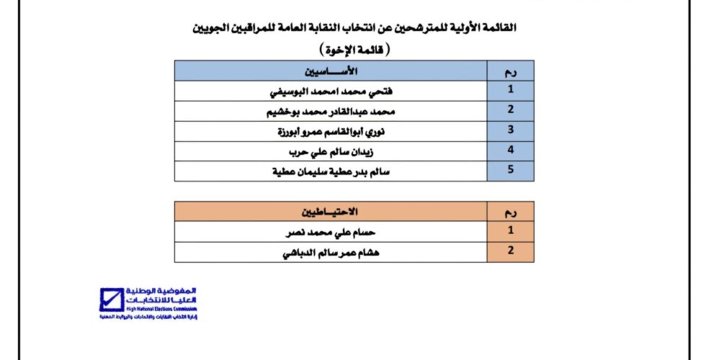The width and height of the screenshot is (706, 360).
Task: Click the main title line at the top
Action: click(353, 28)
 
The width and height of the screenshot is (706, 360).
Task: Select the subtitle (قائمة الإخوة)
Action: click(353, 50)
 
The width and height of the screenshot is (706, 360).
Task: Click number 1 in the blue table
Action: click(510, 91)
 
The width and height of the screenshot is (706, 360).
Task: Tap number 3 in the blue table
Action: click(510, 132)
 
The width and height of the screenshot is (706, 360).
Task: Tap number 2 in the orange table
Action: click(510, 252)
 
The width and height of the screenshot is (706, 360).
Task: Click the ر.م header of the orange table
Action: click(510, 212)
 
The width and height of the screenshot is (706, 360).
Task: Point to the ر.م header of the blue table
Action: click(510, 71)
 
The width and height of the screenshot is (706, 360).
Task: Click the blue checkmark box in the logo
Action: click(112, 300)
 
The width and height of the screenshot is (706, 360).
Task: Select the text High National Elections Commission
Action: click(156, 307)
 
